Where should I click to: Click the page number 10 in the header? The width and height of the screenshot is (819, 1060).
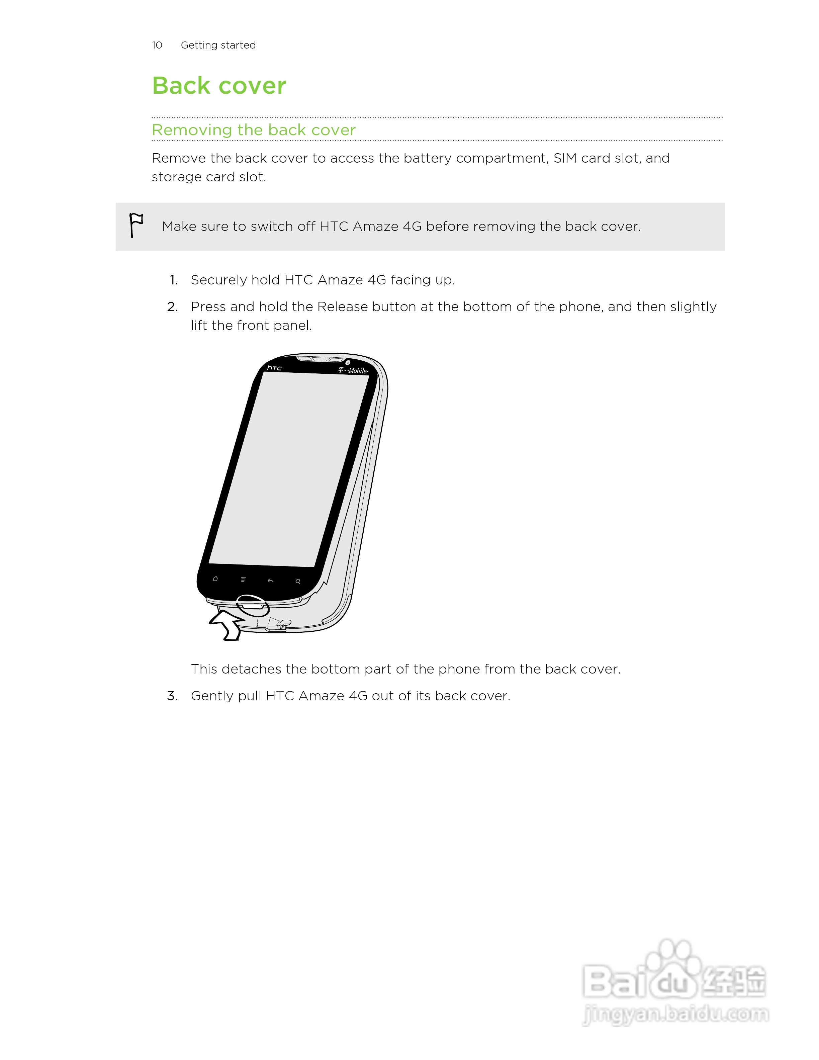point(157,45)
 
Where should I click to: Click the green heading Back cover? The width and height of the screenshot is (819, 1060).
point(219,86)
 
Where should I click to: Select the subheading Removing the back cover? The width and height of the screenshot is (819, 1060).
point(254,130)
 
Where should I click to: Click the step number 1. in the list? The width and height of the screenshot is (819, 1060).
point(174,280)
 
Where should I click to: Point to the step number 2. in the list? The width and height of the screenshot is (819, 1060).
point(172,307)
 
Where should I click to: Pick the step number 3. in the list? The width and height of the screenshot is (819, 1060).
point(172,696)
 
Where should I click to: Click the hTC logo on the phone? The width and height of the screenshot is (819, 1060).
point(274,368)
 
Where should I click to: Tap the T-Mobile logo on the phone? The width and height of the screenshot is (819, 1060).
point(353,371)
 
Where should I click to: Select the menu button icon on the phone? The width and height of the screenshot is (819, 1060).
point(243,580)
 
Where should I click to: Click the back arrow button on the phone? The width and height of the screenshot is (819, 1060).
point(270,581)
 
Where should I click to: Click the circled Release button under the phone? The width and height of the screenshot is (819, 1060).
point(252,605)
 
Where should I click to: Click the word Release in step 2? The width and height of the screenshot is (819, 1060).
point(343,307)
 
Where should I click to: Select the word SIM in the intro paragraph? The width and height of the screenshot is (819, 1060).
point(565,158)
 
